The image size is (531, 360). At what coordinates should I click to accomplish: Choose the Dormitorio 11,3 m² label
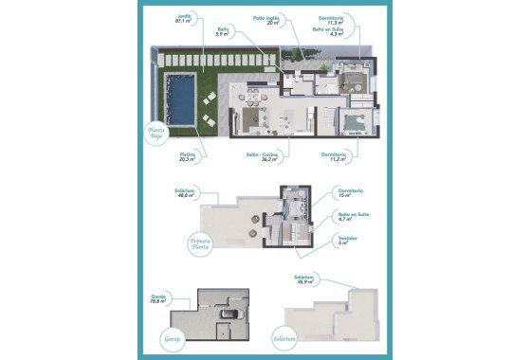(336, 21)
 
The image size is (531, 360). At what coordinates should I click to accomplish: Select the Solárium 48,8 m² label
(184, 194)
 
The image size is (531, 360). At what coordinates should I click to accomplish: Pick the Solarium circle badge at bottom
(285, 340)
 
